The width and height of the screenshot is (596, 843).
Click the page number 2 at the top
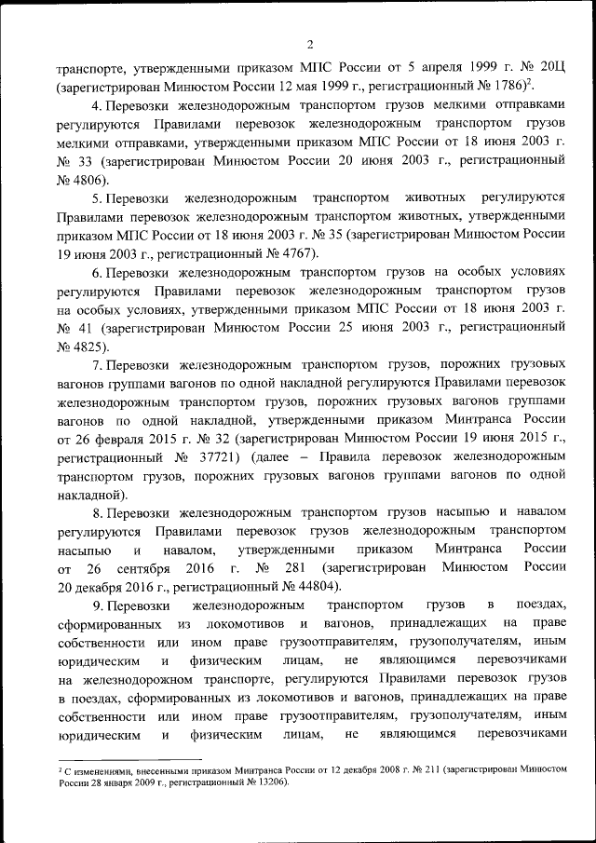pyautogui.click(x=310, y=44)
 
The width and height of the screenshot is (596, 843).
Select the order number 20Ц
pyautogui.click(x=551, y=68)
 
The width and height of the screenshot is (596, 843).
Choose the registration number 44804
pyautogui.click(x=294, y=586)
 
